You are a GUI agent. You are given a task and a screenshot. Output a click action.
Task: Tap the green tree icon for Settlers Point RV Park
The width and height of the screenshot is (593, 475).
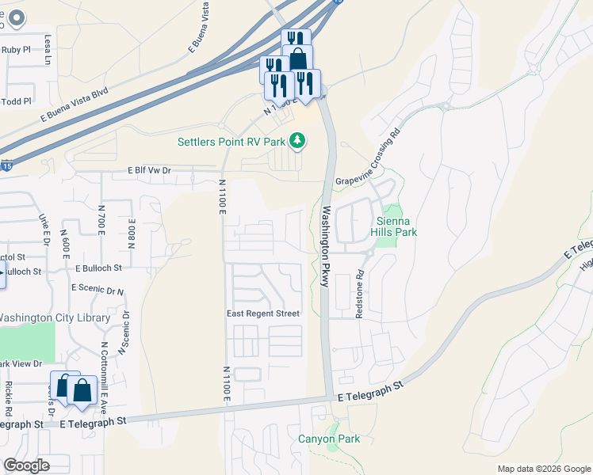point(298,141)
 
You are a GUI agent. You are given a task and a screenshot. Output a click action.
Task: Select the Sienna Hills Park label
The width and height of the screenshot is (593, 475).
point(393,226)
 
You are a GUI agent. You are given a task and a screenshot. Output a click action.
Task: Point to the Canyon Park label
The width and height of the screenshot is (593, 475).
point(329,439)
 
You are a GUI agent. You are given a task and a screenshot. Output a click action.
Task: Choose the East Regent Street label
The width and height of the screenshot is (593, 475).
point(263,313)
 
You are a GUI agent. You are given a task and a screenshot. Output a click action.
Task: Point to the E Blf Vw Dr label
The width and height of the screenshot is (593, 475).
point(149,170)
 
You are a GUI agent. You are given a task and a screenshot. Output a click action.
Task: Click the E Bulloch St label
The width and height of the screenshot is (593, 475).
point(99,268)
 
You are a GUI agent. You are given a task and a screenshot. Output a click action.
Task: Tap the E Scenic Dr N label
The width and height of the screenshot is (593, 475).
point(98,291)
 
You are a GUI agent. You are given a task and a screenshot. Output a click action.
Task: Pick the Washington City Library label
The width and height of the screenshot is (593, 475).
point(55,317)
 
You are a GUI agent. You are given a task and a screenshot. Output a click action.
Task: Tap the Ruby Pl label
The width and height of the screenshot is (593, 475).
point(15,49)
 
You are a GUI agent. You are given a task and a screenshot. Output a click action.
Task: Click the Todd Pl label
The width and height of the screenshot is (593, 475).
point(16,101)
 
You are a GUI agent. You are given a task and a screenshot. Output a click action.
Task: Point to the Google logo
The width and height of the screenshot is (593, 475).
point(27,465)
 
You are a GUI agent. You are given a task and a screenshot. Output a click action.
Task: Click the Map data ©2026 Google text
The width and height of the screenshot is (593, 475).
point(543,469)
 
